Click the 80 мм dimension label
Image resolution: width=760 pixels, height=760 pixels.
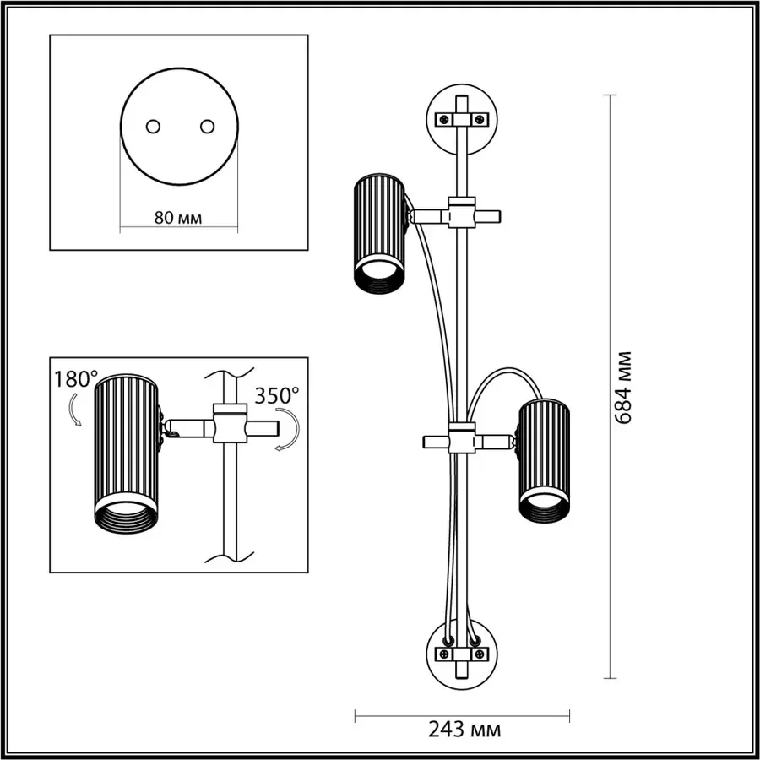pyautogui.click(x=178, y=217)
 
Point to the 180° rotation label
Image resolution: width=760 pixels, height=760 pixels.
pyautogui.click(x=76, y=379)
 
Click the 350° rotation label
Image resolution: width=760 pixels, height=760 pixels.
pyautogui.click(x=277, y=395)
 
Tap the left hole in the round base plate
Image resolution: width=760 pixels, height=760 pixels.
pyautogui.click(x=153, y=126)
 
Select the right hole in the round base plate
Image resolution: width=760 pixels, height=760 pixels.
pyautogui.click(x=206, y=126)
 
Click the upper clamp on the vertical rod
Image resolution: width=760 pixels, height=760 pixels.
pyautogui.click(x=461, y=214)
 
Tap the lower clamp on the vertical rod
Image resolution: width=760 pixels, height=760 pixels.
pyautogui.click(x=461, y=440)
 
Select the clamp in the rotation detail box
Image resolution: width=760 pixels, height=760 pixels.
pyautogui.click(x=227, y=425)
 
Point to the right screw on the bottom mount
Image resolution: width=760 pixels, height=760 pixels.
pyautogui.click(x=480, y=654)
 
